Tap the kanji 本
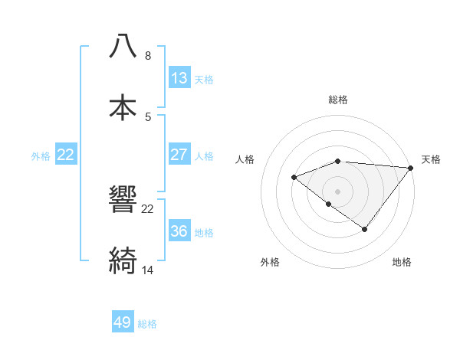123,108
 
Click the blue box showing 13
179,78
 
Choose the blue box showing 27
179,155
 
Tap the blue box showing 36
179,231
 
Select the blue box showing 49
123,322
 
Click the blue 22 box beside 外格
66,155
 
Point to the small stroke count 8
148,56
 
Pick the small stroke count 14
148,270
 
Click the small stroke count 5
148,117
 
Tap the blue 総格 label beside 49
147,324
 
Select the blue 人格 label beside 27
204,156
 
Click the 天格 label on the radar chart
431,159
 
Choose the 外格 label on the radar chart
270,262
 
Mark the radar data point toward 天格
411,168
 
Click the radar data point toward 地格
365,229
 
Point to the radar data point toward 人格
294,178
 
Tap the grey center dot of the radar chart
337,191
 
